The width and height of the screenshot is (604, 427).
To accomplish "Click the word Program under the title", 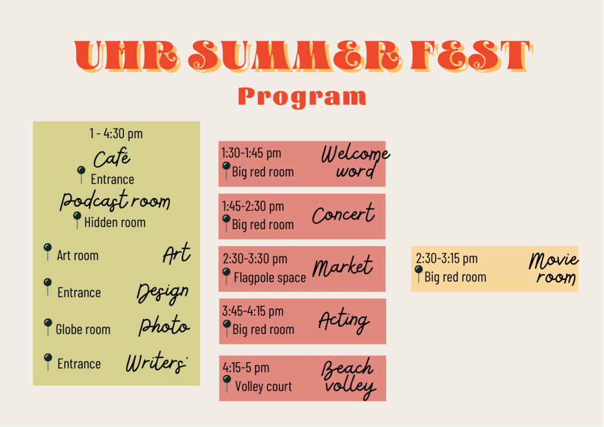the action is tap(302, 97).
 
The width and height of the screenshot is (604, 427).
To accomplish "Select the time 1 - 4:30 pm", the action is tap(116, 133).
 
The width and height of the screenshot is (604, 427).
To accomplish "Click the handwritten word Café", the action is tap(112, 158).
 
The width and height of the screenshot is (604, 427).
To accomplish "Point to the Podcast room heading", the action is tap(115, 200).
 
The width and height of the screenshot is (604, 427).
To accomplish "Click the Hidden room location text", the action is tap(115, 223).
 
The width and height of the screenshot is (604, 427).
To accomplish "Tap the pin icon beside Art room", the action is tap(48, 251).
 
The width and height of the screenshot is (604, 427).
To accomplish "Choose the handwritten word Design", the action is tap(163, 293).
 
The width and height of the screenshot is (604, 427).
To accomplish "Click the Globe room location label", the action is tap(83, 330).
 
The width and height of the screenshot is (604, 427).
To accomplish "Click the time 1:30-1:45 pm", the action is tap(251, 153).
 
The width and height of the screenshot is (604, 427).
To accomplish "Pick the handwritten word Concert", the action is tap(343, 214).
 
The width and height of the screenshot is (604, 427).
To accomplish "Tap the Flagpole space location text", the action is tap(270, 278).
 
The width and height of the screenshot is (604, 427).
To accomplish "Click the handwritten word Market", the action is tap(342, 267).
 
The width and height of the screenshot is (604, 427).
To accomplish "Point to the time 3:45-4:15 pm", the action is tap(253, 311).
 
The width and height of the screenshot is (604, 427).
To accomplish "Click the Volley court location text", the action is tap(263, 386).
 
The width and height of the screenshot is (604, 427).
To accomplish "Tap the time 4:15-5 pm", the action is tap(246, 368).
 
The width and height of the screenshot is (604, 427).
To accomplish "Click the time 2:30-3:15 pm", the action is tap(446, 258).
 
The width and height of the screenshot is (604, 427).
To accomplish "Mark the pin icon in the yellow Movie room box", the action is tap(419, 273).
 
